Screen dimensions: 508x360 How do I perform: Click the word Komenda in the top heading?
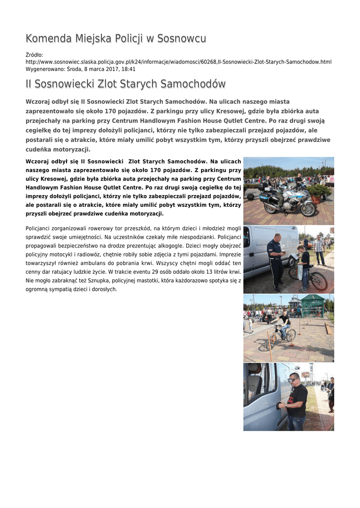49,39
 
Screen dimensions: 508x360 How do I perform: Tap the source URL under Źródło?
178,62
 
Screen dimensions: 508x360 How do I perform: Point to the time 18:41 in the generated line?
129,69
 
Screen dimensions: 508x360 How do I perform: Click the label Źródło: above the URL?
34,55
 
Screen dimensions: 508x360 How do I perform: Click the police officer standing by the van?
276,260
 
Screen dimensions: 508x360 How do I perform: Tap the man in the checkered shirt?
319,249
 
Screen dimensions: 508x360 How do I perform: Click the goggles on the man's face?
293,381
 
